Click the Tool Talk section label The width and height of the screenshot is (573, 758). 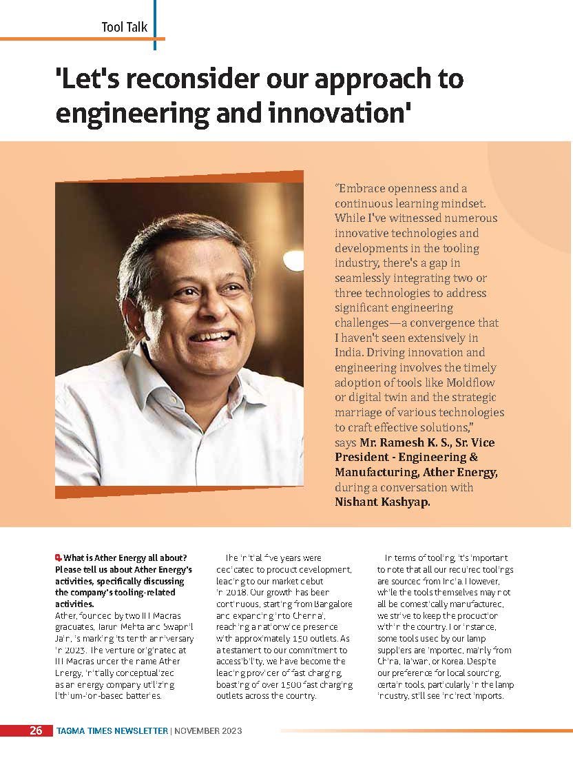pyautogui.click(x=124, y=28)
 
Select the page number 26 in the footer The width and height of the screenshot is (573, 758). pyautogui.click(x=36, y=730)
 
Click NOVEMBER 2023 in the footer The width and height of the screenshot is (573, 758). pyautogui.click(x=209, y=730)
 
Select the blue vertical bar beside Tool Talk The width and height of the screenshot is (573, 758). pyautogui.click(x=155, y=25)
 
